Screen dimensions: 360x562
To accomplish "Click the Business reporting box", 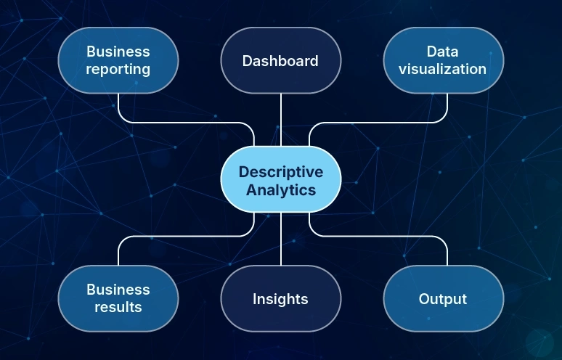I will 118,60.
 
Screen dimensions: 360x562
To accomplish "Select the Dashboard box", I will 280,60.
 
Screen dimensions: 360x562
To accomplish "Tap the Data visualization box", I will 443,60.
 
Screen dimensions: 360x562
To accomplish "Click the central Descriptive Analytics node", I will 280,181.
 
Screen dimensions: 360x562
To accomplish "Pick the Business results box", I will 118,298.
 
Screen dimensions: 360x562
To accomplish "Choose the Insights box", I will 280,298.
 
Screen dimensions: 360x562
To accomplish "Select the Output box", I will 443,298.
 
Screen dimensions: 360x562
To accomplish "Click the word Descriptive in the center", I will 280,172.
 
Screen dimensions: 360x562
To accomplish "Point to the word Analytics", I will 280,190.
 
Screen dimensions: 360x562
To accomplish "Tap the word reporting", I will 118,70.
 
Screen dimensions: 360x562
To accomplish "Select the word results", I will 118,307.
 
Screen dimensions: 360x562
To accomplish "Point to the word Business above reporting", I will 118,52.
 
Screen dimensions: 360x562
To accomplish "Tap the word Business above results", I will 118,289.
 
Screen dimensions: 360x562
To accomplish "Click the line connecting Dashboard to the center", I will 280,120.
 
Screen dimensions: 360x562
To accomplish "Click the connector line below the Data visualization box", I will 447,107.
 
